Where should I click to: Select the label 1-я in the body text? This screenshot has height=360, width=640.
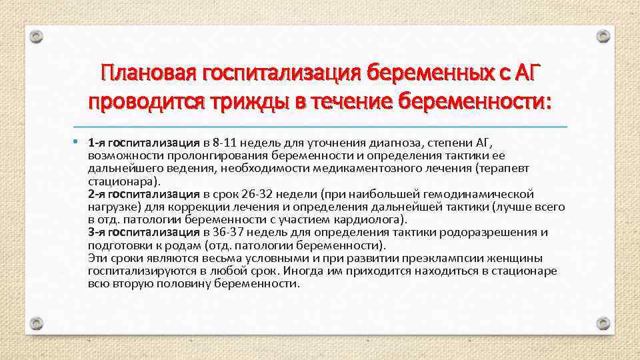(x=96, y=142)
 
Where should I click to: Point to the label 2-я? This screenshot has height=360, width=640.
(x=96, y=194)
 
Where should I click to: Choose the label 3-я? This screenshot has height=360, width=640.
(x=96, y=232)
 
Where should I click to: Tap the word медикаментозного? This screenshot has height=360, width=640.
(x=384, y=168)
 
